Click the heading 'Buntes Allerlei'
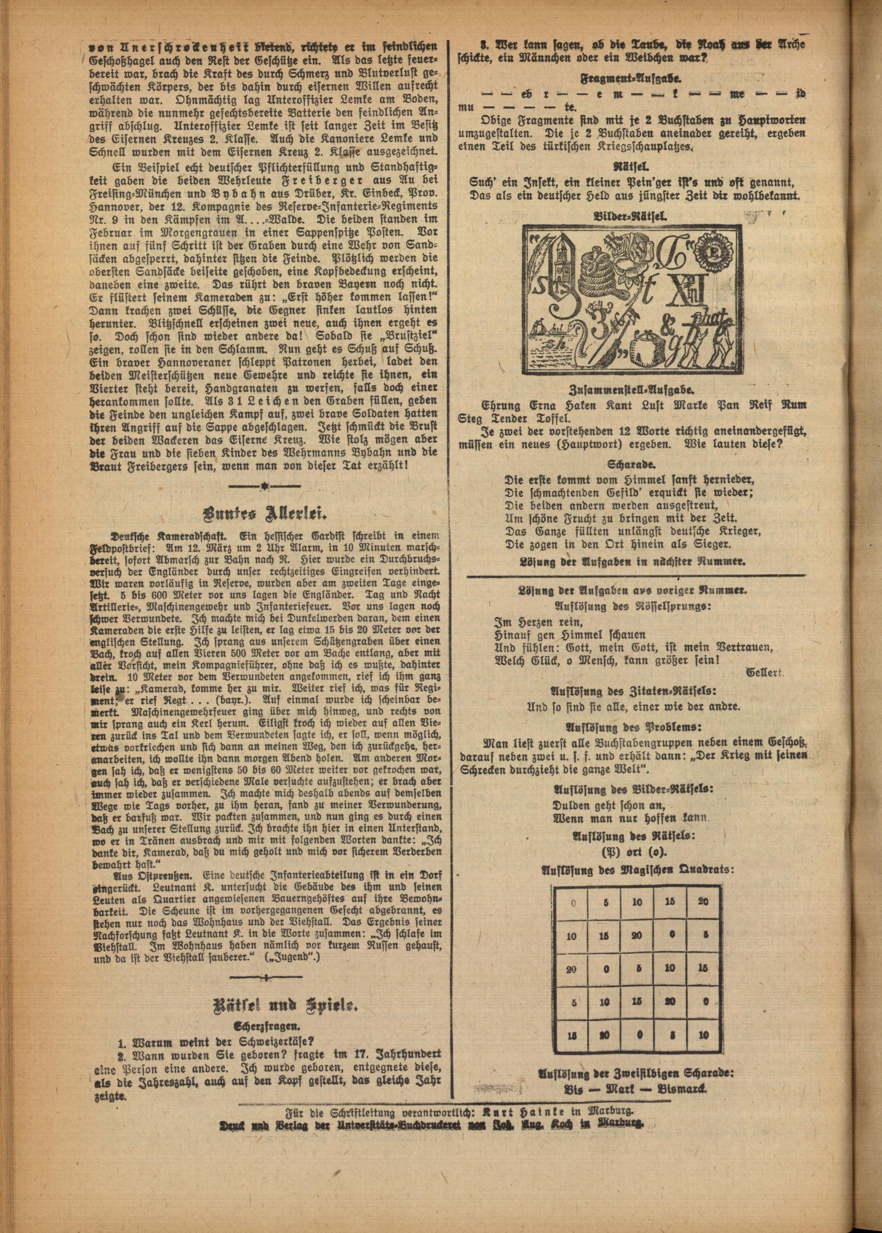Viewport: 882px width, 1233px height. (265, 514)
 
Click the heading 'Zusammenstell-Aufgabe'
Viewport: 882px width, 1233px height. (632, 391)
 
